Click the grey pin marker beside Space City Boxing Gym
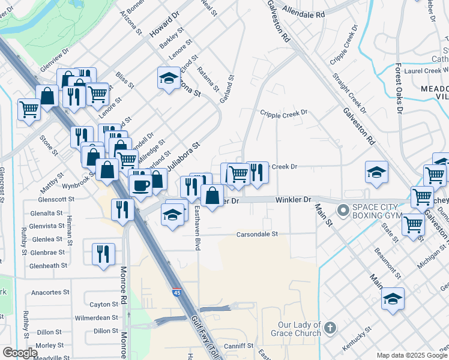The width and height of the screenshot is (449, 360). coord(343,210)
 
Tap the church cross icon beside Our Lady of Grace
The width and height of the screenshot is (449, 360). coord(331,328)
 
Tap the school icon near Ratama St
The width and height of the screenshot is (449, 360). coord(169,77)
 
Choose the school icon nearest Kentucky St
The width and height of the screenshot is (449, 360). coord(393,299)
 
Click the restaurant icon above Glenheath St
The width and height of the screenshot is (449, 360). coord(103,253)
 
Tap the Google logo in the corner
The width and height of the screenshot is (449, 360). coord(19,353)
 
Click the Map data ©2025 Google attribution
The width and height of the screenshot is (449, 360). coord(411,355)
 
